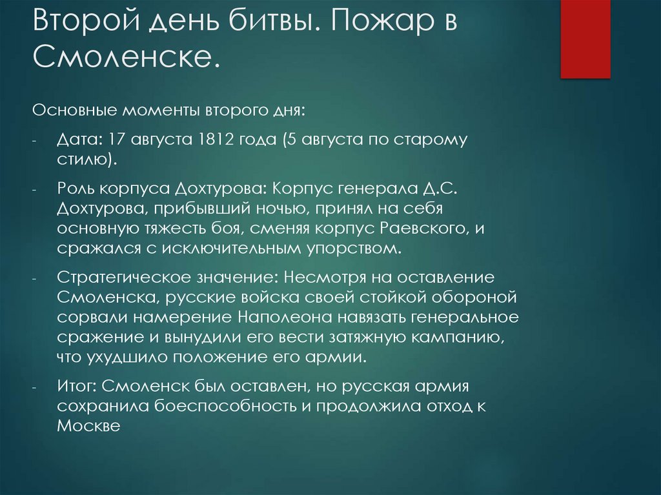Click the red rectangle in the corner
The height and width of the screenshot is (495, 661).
click(x=585, y=39)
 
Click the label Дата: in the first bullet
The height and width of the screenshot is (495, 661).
click(x=79, y=141)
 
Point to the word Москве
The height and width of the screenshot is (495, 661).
click(x=88, y=425)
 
